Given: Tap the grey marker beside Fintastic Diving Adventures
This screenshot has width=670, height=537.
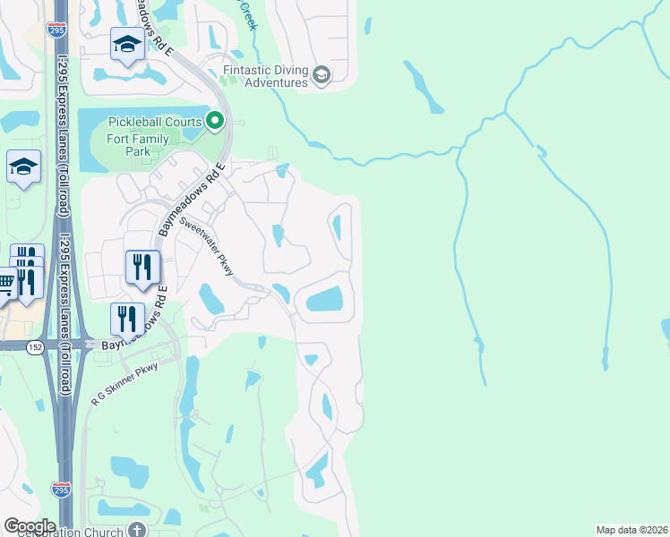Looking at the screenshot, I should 322,76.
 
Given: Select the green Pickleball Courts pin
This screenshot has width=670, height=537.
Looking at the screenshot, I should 215,120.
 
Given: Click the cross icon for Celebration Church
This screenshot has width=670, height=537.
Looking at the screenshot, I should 137,531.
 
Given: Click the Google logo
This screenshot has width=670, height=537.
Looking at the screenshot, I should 30,525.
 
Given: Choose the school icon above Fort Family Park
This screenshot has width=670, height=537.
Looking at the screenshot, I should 127,44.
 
